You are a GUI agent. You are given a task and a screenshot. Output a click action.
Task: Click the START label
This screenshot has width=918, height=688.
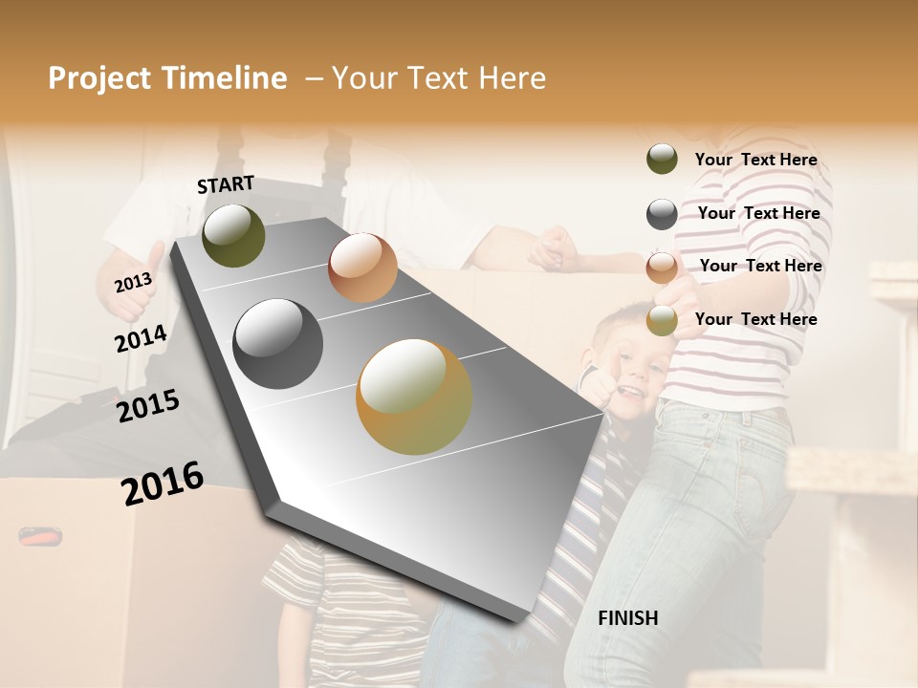click(226, 184)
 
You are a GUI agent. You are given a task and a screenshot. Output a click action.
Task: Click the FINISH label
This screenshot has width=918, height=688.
click(627, 618)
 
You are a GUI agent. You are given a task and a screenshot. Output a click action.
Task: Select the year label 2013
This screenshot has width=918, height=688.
click(133, 283)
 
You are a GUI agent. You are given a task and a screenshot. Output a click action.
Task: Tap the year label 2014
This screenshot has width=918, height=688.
click(141, 339)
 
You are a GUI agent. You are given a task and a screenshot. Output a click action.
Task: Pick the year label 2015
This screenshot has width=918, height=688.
click(148, 406)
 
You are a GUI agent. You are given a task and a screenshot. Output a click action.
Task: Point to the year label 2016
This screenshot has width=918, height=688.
click(163, 484)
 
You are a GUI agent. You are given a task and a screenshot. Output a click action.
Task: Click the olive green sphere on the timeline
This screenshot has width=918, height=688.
click(233, 235)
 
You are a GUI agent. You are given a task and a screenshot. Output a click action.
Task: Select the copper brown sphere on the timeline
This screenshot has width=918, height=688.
click(362, 268)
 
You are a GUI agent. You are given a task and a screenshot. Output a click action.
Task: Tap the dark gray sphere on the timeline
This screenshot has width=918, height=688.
click(277, 344)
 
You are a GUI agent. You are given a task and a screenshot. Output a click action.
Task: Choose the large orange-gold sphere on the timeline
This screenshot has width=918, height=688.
click(413, 396)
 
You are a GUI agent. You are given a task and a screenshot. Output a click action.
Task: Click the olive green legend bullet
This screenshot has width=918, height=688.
click(662, 160)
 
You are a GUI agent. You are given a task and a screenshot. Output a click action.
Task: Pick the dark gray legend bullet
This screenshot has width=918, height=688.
click(662, 214)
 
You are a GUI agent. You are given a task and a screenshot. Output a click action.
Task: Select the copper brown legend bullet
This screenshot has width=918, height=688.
click(662, 268)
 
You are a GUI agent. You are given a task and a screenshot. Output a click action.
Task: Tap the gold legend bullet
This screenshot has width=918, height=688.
click(662, 320)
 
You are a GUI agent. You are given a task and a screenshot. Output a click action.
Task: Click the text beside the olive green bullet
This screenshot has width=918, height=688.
click(755, 161)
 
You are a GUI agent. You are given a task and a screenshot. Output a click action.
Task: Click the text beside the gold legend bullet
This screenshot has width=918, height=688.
click(755, 319)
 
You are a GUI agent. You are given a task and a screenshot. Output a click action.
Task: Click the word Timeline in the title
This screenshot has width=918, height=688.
click(224, 78)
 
